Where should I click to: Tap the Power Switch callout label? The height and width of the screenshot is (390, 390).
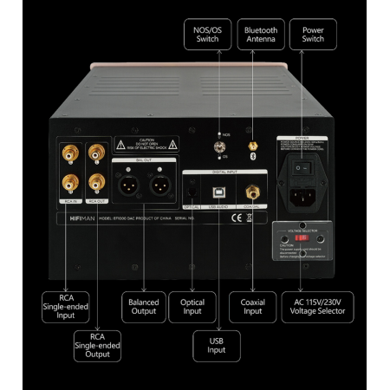(x=313, y=35)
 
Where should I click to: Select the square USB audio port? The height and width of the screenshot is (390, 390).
(x=218, y=189)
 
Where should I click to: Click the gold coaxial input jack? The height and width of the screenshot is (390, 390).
(x=253, y=190)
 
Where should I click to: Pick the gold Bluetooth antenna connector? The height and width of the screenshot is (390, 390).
(x=253, y=150)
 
